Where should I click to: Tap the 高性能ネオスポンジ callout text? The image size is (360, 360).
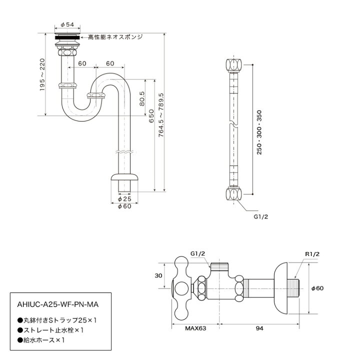[x=115, y=37]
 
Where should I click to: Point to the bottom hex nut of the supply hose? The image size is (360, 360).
[x=232, y=193]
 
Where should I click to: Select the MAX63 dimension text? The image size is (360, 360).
[x=192, y=328]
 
